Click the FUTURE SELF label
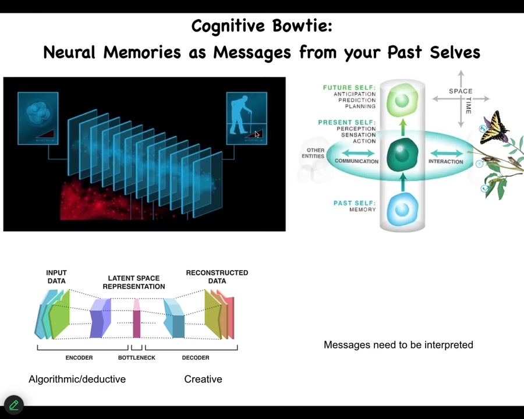tap(349, 88)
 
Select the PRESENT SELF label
tap(346, 123)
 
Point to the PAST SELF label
tap(354, 203)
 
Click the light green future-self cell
tap(402, 100)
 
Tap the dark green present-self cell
tap(402, 155)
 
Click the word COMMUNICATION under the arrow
tap(356, 161)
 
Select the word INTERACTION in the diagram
tap(445, 162)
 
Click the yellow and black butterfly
tap(494, 128)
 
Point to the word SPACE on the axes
tap(461, 91)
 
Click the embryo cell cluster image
tap(37, 114)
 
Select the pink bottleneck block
tap(137, 319)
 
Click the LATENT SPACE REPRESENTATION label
tap(134, 282)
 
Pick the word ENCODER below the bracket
tap(79, 357)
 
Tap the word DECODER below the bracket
tap(196, 357)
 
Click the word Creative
tap(203, 379)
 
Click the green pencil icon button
tap(13, 404)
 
